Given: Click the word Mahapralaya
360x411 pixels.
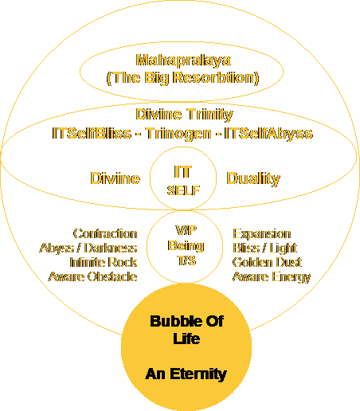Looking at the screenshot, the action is (183, 61).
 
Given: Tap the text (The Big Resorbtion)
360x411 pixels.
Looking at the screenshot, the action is (182, 78).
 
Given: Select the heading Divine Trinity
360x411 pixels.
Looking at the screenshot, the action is (184, 115).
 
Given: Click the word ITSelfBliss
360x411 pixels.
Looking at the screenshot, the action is (92, 133).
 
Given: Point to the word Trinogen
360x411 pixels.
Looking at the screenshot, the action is (178, 134).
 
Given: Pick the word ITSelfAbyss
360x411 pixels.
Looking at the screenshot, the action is (268, 134).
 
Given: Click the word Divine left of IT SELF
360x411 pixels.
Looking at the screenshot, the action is (115, 178).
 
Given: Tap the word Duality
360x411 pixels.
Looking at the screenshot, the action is (253, 178).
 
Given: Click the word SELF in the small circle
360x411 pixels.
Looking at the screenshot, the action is (183, 190).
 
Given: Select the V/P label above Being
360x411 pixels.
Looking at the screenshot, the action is (186, 230).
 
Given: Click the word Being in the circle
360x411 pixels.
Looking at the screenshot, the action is (186, 246).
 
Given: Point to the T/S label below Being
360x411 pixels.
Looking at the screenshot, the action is (186, 260).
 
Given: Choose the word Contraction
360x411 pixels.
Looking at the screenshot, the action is (105, 233).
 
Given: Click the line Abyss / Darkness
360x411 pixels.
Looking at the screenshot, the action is (88, 249).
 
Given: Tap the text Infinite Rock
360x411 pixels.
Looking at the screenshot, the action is (104, 262).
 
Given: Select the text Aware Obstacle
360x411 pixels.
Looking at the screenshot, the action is (93, 276).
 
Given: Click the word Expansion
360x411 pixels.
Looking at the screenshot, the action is (262, 234).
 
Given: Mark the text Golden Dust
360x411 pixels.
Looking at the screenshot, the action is (267, 262).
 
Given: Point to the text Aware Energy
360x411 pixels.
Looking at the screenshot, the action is (272, 277).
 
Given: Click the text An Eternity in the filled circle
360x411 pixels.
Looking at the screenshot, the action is (186, 374).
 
